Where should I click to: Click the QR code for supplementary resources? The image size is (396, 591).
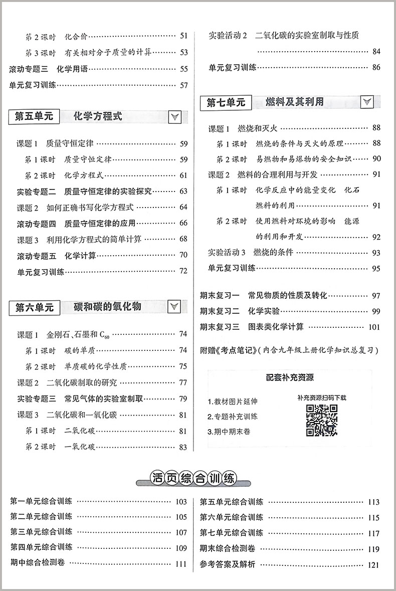(321, 420)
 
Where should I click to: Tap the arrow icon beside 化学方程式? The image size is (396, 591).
(175, 117)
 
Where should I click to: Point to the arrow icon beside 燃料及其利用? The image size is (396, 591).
(367, 102)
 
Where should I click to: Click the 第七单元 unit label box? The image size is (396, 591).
(227, 102)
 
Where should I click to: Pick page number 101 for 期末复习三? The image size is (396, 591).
(374, 327)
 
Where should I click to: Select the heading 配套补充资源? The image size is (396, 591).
(294, 377)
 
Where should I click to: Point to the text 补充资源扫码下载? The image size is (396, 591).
(321, 398)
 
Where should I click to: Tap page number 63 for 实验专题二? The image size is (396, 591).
(183, 191)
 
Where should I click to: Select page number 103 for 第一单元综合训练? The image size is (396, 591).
(181, 502)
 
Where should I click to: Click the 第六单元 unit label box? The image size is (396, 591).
(35, 307)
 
